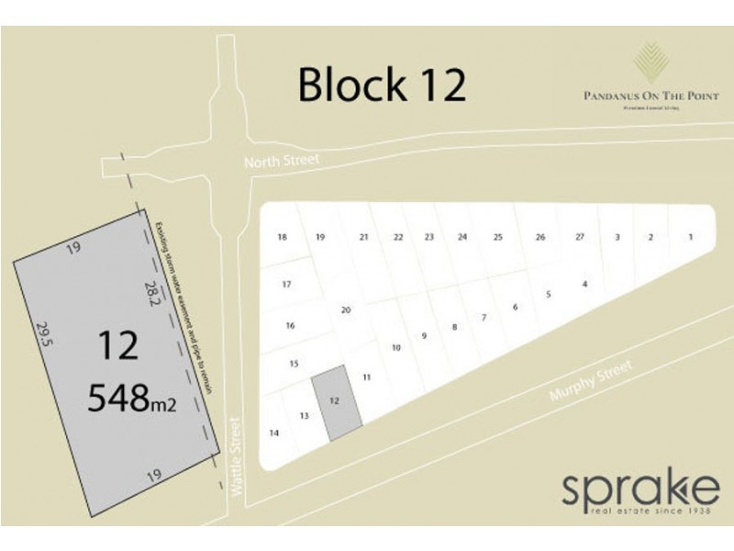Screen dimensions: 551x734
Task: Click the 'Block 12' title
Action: coord(382,84)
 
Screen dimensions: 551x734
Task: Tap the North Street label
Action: coord(282,161)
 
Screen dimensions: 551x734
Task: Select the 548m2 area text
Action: coord(131,399)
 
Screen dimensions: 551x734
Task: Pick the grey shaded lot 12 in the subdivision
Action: coord(335,402)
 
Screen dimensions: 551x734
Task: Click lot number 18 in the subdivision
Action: coord(283,238)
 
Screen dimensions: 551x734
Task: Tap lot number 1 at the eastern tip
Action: coord(690,238)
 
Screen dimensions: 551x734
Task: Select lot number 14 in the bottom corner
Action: coord(273,432)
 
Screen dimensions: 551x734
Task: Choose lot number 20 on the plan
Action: coord(346,309)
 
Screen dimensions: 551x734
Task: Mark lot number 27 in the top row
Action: coord(579,238)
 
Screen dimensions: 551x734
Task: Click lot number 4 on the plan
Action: coord(584,284)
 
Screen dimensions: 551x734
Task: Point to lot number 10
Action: coord(395,348)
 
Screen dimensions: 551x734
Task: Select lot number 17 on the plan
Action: coord(286,284)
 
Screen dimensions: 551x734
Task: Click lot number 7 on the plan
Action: coord(483,317)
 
